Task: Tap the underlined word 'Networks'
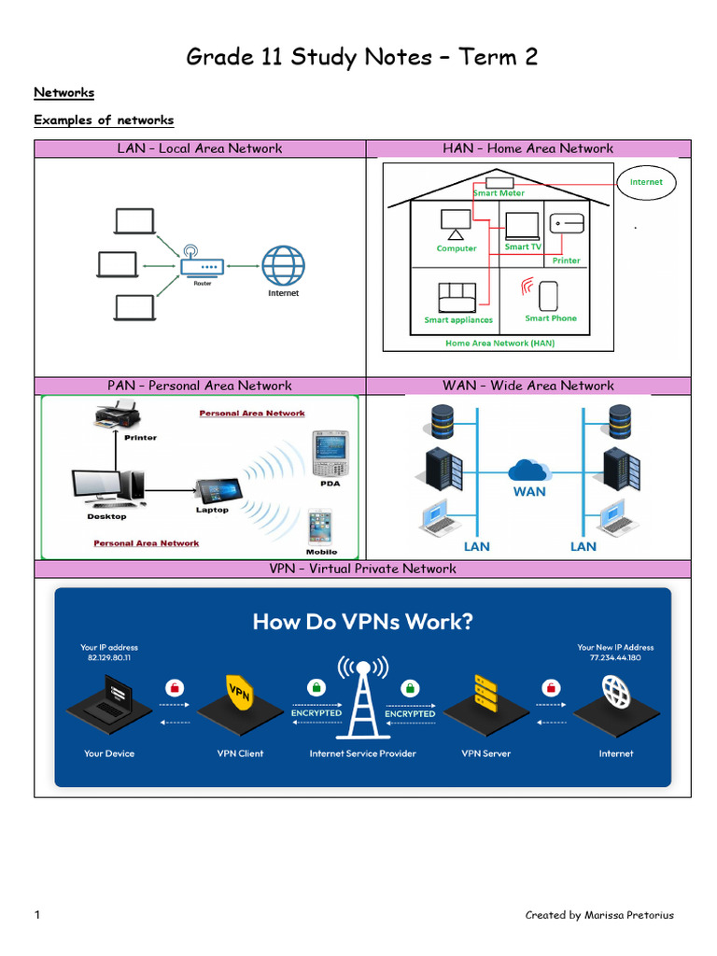point(63,92)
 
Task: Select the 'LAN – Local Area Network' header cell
point(200,148)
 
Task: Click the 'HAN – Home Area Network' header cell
point(527,148)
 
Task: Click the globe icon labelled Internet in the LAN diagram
point(283,265)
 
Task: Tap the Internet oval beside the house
point(645,182)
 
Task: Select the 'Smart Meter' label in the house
point(499,193)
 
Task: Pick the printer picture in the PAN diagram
point(118,415)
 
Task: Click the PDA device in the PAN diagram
point(329,455)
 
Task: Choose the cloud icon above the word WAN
point(529,470)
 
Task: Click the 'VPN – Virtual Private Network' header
point(362,569)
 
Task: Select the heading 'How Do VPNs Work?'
point(362,622)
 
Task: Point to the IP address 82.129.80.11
point(108,657)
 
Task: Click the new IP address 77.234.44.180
point(615,657)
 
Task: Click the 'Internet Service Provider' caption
point(362,753)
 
